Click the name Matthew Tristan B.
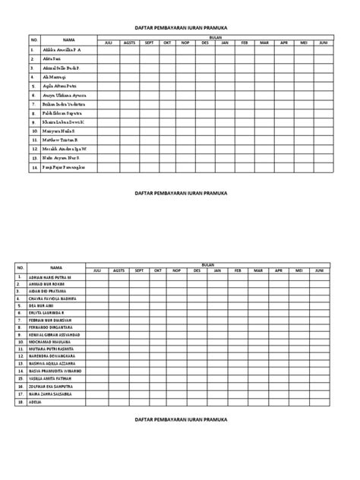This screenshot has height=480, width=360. tap(61, 140)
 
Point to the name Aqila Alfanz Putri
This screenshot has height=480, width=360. tap(61, 87)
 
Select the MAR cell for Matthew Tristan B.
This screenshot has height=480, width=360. tap(264, 140)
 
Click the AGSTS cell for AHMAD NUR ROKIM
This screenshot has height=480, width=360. tap(118, 286)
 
